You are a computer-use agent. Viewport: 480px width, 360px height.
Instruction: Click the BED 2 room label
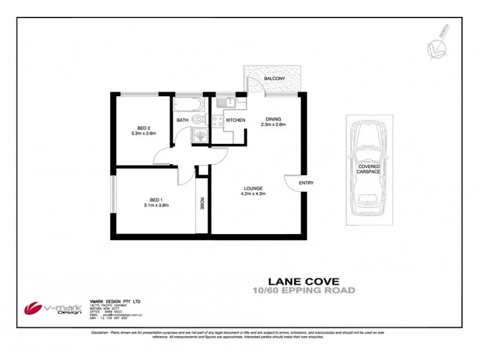tap(143, 128)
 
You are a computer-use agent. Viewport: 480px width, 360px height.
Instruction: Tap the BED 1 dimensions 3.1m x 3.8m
tap(155, 205)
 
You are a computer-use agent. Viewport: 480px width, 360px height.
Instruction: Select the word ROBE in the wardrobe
tap(202, 203)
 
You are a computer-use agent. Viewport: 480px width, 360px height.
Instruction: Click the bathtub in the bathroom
tap(188, 107)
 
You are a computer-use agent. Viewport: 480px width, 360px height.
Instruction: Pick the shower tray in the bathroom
tap(199, 136)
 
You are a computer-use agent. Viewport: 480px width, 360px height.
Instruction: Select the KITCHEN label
tap(235, 121)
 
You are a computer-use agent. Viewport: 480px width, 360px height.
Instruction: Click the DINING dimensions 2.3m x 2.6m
tap(273, 125)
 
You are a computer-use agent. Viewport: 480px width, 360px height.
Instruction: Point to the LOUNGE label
tap(253, 188)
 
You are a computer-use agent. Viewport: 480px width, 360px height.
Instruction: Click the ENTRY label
tap(306, 183)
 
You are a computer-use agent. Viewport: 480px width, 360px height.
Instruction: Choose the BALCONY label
tap(274, 79)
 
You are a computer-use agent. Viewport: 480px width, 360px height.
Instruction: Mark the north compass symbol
tap(436, 47)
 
